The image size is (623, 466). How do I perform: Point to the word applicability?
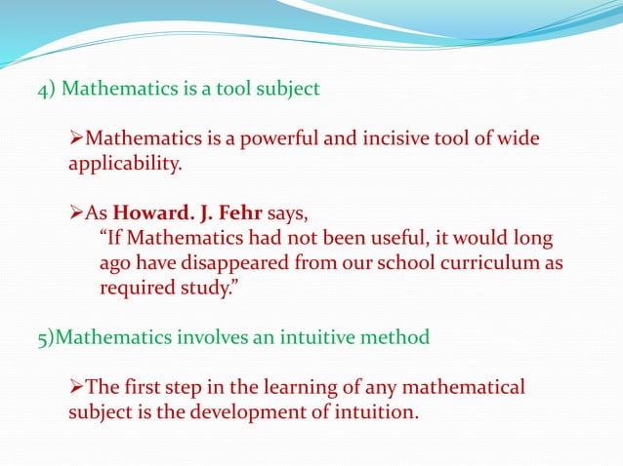click(124, 165)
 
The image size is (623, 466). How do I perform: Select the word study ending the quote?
click(203, 288)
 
